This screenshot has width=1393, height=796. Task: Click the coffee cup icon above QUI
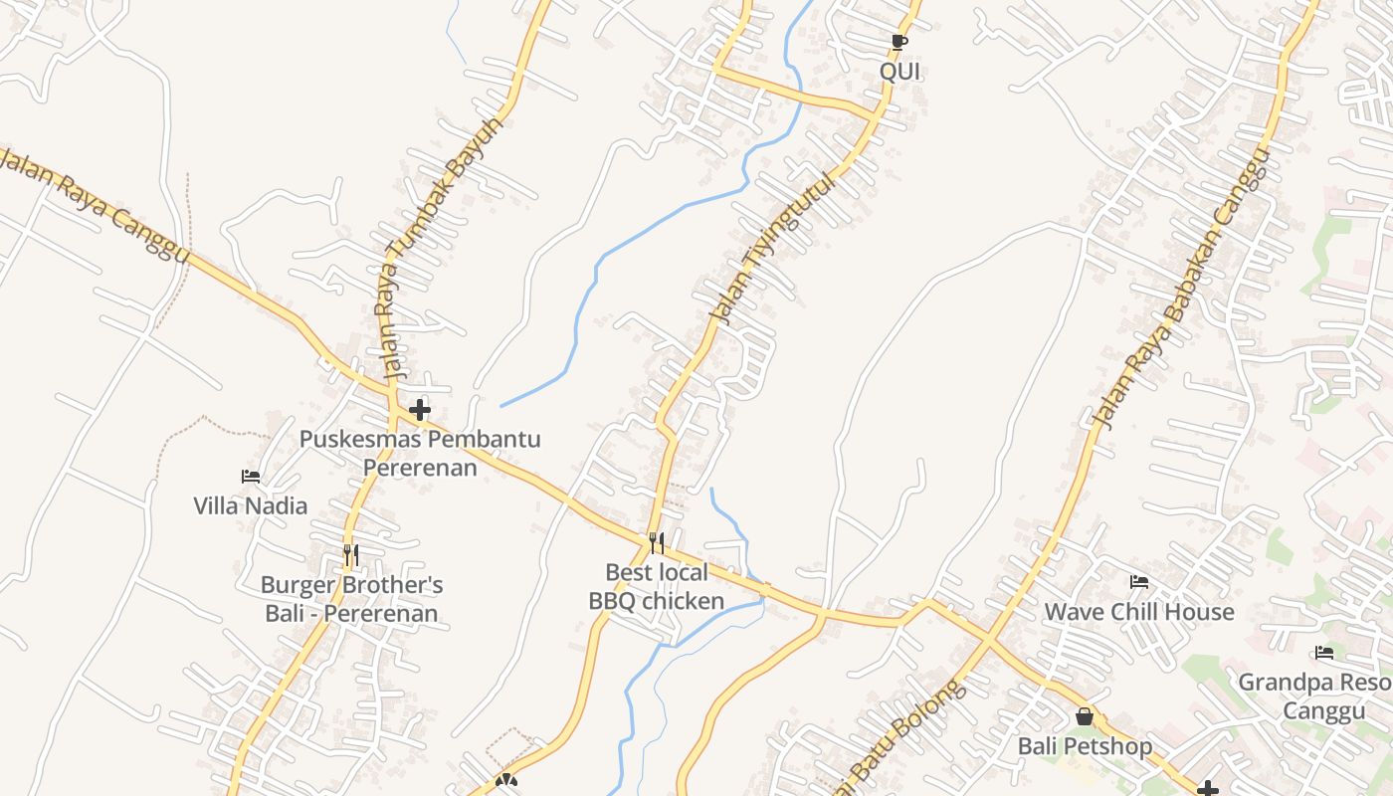point(899,42)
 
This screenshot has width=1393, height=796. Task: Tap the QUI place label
point(899,72)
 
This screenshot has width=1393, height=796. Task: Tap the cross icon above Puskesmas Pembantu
point(420,409)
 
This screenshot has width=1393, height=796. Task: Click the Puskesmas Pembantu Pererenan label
point(420,453)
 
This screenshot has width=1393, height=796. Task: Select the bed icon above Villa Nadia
point(251,477)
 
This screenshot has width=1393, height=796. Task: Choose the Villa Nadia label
point(251,505)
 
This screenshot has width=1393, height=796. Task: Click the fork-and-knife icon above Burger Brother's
point(350,554)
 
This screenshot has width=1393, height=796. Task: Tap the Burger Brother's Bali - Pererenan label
point(351,599)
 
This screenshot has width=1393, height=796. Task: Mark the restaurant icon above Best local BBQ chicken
point(656,542)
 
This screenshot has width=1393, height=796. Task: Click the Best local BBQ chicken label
point(657,587)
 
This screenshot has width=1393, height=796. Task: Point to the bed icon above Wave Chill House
point(1139,582)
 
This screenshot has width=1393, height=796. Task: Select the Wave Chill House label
point(1139,612)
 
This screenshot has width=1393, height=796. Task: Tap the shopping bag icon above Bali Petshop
point(1085,716)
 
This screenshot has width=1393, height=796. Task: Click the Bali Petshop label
point(1085,746)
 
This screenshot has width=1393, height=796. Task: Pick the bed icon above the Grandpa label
point(1323,654)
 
